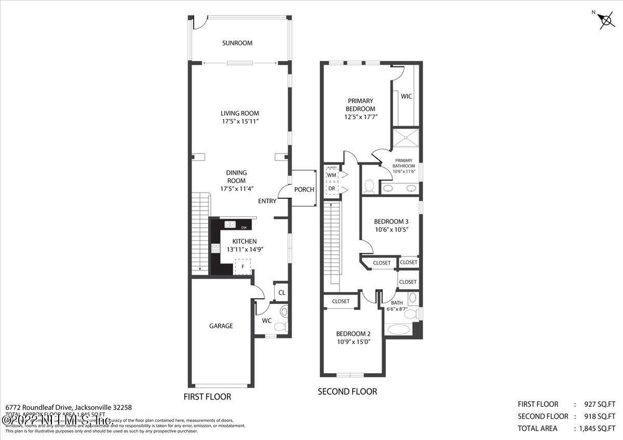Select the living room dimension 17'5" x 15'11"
click(239, 121)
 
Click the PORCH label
click(304, 189)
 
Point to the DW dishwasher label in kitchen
click(243, 227)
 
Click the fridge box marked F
click(242, 267)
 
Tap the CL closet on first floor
click(281, 293)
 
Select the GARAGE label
click(221, 326)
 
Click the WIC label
click(407, 97)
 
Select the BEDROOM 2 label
click(353, 334)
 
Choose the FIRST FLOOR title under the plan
click(207, 396)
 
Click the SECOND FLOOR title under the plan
click(347, 391)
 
